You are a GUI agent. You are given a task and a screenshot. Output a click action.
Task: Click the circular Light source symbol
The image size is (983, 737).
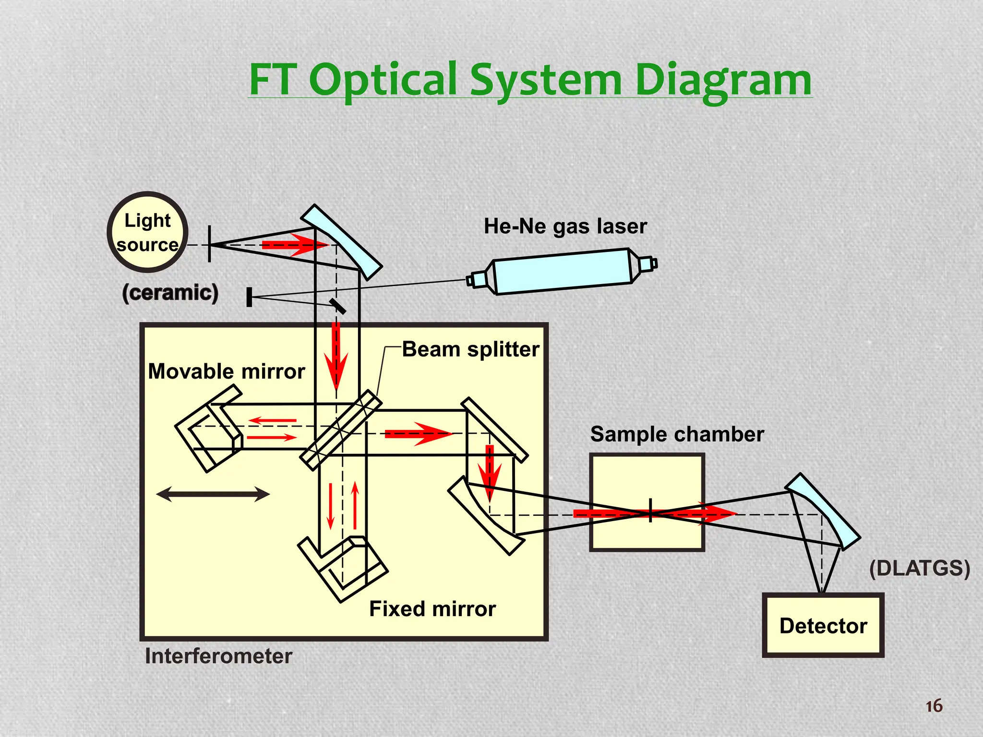pyautogui.click(x=147, y=232)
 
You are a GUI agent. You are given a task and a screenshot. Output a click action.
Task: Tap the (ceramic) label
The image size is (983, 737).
pyautogui.click(x=170, y=292)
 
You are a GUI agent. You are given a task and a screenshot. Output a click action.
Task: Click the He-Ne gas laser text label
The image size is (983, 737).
pyautogui.click(x=565, y=226)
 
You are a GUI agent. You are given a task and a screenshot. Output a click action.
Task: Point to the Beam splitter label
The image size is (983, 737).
pyautogui.click(x=470, y=349)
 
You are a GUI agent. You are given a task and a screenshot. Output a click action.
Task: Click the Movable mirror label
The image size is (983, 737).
pyautogui.click(x=226, y=371)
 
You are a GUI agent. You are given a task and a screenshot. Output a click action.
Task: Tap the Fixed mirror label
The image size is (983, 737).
pyautogui.click(x=432, y=609)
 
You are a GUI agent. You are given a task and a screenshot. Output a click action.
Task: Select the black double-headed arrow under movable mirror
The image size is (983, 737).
pyautogui.click(x=213, y=494)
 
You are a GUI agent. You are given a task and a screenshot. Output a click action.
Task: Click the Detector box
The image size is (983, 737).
pyautogui.click(x=823, y=625)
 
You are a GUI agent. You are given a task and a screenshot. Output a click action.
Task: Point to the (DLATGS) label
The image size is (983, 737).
pyautogui.click(x=919, y=568)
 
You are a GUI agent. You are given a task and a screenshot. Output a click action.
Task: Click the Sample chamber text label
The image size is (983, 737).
pyautogui.click(x=677, y=434)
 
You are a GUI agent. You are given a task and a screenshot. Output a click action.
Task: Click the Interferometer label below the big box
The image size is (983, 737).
pyautogui.click(x=218, y=656)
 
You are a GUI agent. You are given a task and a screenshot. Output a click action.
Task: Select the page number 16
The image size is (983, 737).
pyautogui.click(x=934, y=706)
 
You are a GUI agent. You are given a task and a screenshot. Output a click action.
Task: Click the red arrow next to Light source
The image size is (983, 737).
pyautogui.click(x=294, y=245)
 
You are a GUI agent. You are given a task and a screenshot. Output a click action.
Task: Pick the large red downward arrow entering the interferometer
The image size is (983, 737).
pyautogui.click(x=336, y=355)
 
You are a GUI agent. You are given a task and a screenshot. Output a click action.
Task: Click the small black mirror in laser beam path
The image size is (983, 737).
pyautogui.click(x=338, y=307)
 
